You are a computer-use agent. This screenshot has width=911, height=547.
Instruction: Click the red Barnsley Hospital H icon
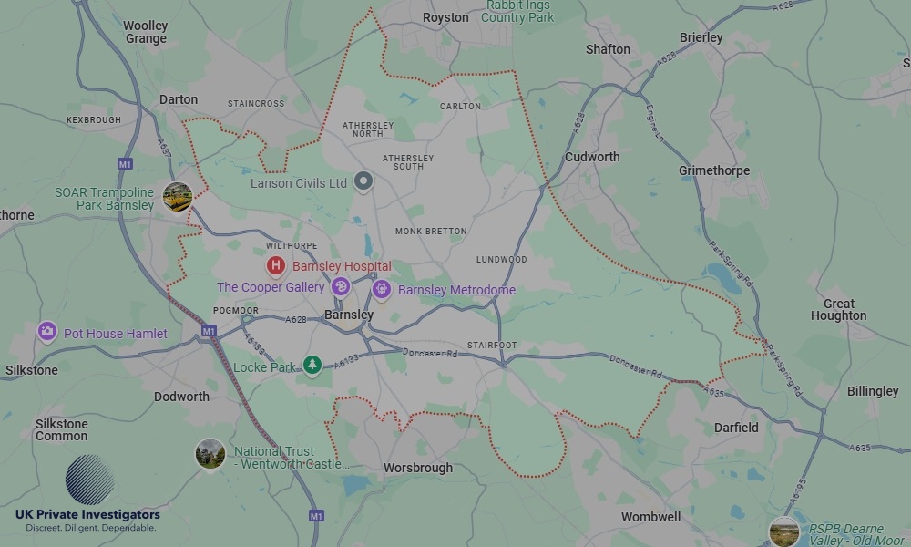275,266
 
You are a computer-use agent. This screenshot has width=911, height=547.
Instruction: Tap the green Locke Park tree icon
312,366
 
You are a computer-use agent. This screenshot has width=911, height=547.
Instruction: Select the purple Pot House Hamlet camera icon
48,332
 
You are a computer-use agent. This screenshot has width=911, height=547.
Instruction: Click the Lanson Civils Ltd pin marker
363,182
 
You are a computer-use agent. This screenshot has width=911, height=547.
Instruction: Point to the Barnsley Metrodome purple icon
382,290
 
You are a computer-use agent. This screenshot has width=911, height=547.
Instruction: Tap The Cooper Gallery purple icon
341,287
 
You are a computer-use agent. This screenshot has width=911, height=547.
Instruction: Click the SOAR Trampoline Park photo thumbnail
177,196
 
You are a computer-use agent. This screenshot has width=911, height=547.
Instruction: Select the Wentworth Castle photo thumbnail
210,453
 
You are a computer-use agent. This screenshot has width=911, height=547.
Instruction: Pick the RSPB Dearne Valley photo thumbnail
783,531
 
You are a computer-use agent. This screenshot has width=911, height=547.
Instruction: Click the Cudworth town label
592,157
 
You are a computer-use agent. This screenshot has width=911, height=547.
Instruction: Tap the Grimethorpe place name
714,170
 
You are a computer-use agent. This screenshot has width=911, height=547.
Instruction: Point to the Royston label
445,17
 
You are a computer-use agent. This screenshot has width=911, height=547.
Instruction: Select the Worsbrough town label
417,468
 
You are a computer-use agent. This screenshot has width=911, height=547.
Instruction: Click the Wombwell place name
650,517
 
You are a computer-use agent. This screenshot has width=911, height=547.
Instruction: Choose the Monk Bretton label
431,232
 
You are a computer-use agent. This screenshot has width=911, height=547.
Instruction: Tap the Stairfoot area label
492,346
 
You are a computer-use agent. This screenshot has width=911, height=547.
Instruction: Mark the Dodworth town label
181,397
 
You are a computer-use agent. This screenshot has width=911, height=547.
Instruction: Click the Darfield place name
735,428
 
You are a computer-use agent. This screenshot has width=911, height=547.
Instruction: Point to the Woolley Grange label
146,32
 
